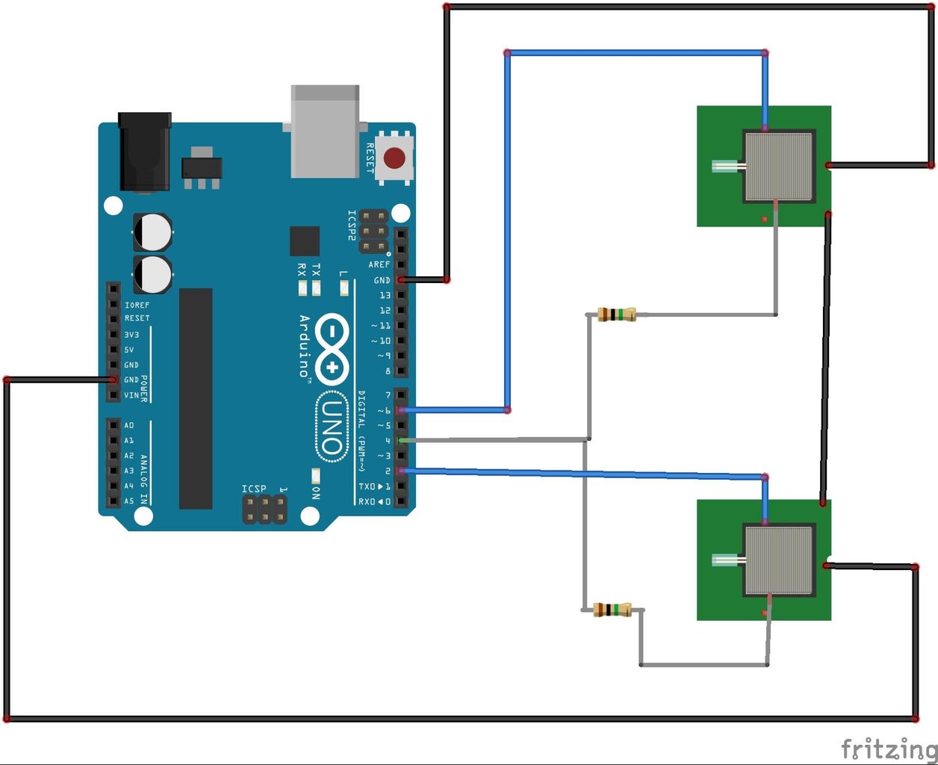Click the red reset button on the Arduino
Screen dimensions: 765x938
394,158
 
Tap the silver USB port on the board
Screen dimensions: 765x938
325,131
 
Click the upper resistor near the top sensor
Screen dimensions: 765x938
617,315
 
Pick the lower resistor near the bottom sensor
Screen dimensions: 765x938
612,610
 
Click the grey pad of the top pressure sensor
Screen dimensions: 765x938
779,165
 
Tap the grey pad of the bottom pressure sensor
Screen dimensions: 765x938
779,560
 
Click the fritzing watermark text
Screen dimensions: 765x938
888,748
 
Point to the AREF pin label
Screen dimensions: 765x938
379,264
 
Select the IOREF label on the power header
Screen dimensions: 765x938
137,305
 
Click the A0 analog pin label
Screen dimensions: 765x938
129,425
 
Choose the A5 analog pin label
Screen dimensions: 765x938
129,501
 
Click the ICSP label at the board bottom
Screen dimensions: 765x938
254,489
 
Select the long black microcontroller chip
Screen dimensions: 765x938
196,398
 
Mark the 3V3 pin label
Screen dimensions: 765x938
131,335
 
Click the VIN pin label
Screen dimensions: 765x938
131,395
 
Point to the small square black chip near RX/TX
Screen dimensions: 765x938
305,241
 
